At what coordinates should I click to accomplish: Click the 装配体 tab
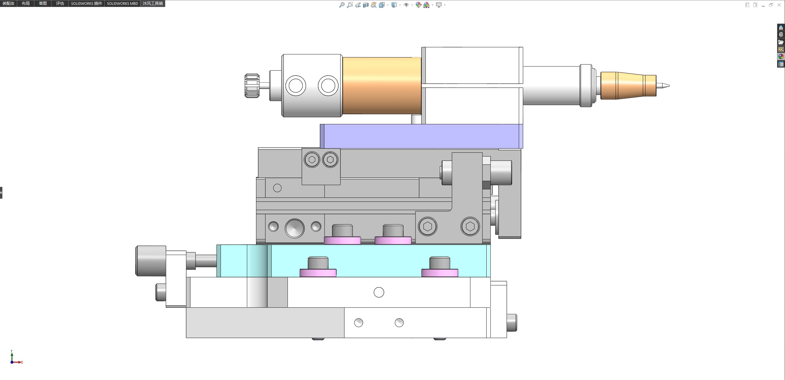coord(9,3)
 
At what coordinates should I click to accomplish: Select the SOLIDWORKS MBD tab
coord(122,3)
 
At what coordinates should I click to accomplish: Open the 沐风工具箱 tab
coord(153,3)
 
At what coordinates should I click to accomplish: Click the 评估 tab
coord(60,3)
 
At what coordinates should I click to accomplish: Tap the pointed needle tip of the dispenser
coord(669,86)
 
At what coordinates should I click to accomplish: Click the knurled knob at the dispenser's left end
coord(252,86)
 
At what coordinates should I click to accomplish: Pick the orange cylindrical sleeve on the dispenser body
coord(382,86)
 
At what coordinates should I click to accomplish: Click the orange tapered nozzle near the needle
coord(628,86)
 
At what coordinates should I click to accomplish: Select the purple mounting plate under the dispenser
coord(421,136)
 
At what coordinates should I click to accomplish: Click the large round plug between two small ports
coord(295,228)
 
